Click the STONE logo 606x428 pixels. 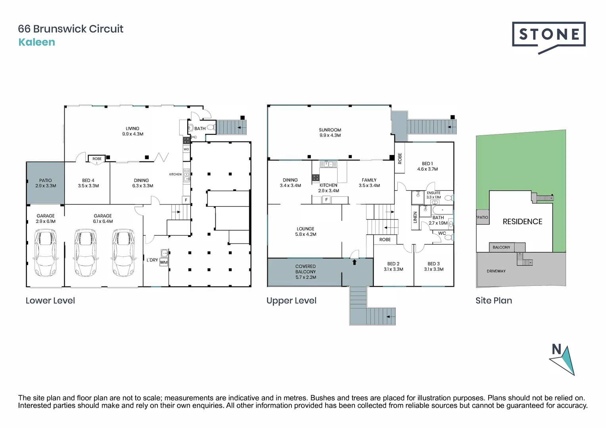[548, 35]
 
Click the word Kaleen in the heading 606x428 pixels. [36, 42]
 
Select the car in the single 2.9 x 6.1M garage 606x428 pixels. [45, 253]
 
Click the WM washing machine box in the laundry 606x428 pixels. [164, 262]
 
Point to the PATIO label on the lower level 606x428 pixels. [46, 180]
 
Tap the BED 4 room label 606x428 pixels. [88, 180]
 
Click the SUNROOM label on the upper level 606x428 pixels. [330, 130]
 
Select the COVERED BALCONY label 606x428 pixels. [305, 269]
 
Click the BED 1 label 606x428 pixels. [427, 164]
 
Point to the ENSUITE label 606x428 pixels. [433, 193]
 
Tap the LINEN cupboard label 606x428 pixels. [415, 217]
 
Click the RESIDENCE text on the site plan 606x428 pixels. [522, 222]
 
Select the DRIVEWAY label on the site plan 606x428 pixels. [496, 271]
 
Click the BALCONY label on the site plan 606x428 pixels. [501, 247]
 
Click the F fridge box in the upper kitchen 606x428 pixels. [326, 200]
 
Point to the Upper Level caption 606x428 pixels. [291, 300]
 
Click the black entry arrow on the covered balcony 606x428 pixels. [355, 262]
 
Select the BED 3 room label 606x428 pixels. [433, 264]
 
